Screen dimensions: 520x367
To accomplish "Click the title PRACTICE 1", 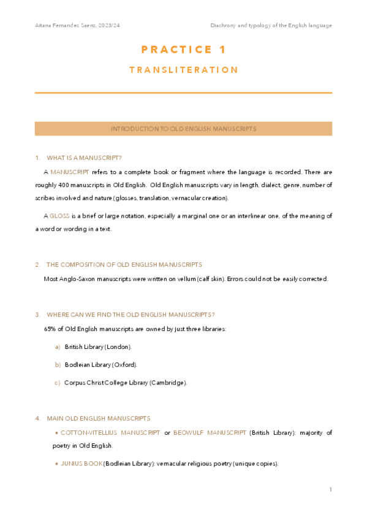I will [183, 50].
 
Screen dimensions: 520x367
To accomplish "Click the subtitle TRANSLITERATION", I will [183, 70].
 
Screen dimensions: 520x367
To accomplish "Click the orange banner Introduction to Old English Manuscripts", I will [183, 129].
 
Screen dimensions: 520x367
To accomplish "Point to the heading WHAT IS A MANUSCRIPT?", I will [84, 158].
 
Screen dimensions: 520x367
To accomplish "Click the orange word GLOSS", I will [59, 216].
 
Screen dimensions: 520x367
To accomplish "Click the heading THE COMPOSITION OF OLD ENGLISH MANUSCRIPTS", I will [124, 265].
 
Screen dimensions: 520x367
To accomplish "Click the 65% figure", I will [50, 329].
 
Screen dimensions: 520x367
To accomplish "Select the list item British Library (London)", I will [98, 347].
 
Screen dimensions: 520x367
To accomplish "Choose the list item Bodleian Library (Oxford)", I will [100, 365].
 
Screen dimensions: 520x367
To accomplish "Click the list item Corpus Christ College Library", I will [126, 383].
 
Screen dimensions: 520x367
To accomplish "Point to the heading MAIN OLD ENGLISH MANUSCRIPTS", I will [98, 418].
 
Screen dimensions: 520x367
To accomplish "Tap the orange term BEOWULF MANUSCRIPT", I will [209, 433].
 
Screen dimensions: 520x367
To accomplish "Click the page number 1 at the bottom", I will [330, 489].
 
